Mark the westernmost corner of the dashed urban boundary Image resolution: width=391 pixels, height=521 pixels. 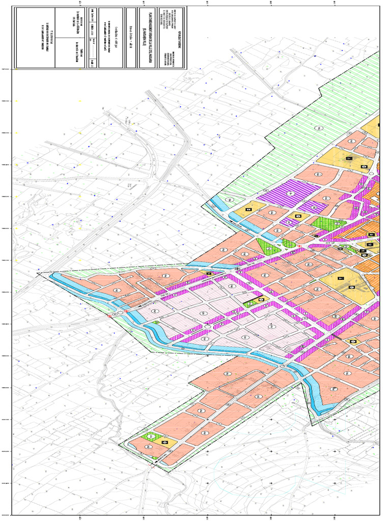click(38, 274)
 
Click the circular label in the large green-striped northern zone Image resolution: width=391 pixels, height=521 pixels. click(320, 128)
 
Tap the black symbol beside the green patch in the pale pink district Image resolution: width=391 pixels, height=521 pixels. click(261, 300)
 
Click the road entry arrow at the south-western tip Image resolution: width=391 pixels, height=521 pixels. click(153, 464)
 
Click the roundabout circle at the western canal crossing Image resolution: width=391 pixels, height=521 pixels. click(123, 310)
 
